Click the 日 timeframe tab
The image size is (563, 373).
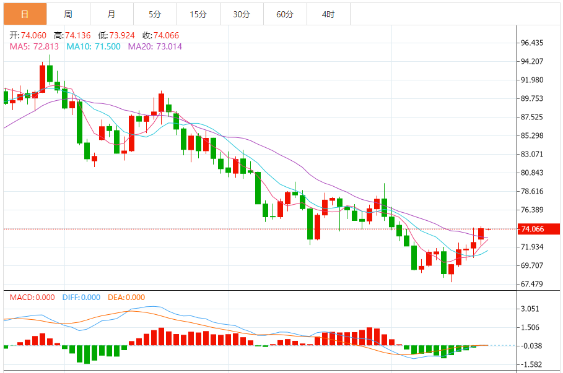(25, 14)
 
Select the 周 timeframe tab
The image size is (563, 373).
(68, 14)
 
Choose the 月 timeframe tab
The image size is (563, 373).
(111, 14)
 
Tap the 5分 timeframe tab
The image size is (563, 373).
(155, 14)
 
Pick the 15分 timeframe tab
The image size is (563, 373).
(198, 14)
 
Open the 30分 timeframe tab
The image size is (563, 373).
(242, 14)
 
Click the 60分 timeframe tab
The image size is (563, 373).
(285, 14)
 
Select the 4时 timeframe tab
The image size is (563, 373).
(328, 14)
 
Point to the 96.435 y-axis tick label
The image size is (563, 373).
(533, 43)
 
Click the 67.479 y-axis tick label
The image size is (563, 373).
(533, 285)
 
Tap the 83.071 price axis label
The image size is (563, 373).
(533, 155)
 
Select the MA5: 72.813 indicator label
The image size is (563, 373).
(34, 46)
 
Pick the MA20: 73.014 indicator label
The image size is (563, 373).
(155, 46)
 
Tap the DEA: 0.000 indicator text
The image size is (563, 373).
(126, 298)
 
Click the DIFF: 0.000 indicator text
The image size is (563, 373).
(81, 298)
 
